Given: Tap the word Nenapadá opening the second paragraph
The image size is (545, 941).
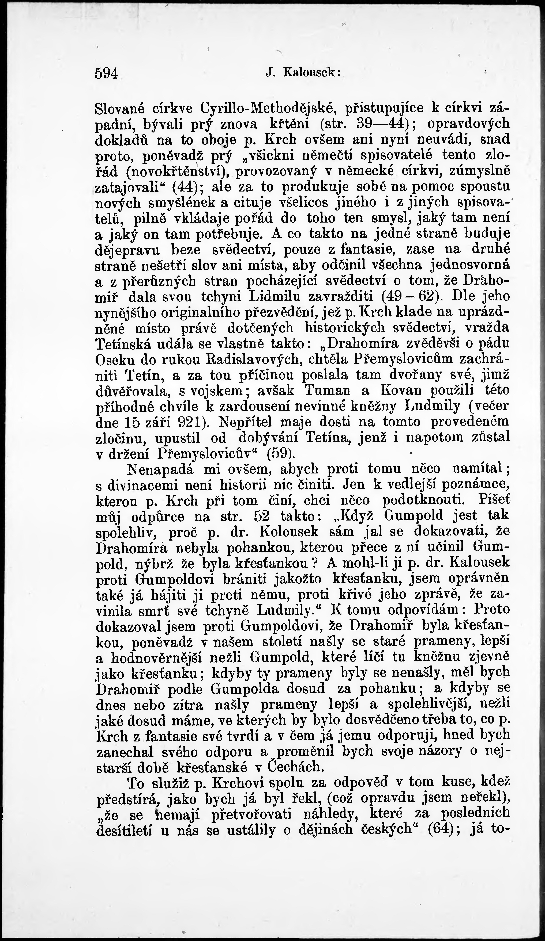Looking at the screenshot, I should (x=161, y=469).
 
